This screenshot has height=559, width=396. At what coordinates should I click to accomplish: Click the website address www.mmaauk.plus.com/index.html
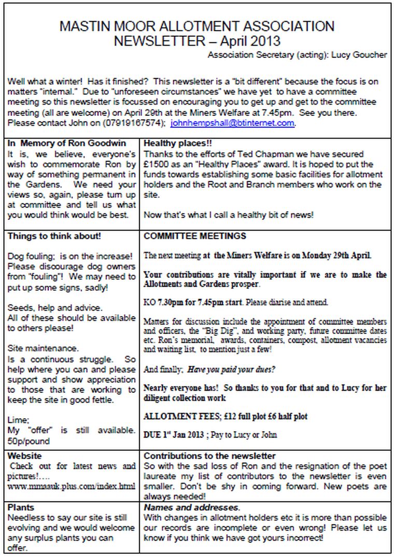(72, 486)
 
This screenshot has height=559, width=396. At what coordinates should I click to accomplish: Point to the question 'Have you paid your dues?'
(232, 370)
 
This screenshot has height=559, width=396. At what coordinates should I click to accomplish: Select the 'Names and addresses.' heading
(191, 507)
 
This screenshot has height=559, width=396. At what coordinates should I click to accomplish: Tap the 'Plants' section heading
(20, 507)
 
